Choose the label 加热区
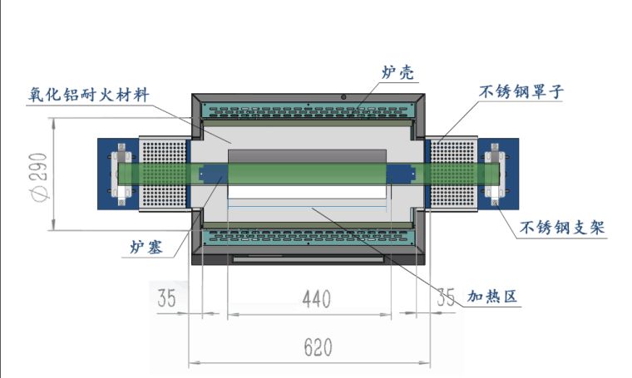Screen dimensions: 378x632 491,297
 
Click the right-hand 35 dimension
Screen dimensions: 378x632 446,296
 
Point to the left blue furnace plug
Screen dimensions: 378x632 210,173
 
